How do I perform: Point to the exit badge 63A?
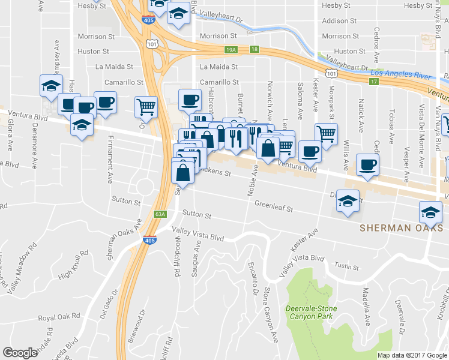[x=160, y=214]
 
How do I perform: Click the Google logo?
[x=20, y=353]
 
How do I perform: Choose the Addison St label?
[x=340, y=20]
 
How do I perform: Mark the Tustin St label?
[x=347, y=267]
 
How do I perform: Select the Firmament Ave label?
[x=111, y=169]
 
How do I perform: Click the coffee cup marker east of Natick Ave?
[x=367, y=164]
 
